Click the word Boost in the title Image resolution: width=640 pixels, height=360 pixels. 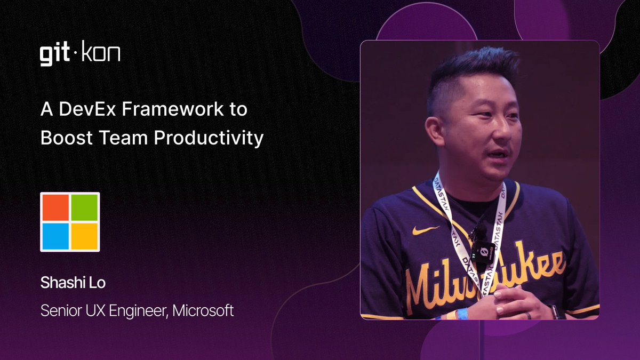click(x=61, y=138)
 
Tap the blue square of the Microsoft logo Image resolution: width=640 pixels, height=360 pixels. click(x=55, y=236)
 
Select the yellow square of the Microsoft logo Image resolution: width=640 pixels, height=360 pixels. click(x=84, y=236)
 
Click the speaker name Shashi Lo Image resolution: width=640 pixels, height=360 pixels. click(x=73, y=283)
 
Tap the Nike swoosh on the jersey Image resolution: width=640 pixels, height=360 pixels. click(x=425, y=230)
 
